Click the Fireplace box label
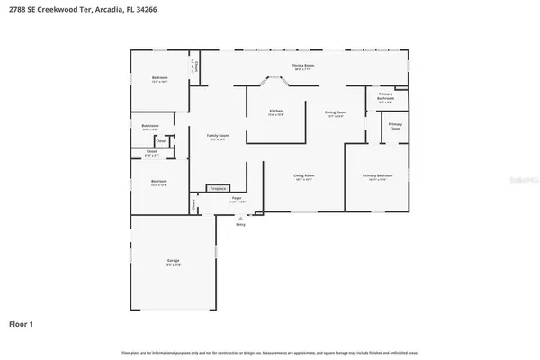tap(217, 189)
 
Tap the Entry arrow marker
tap(240, 217)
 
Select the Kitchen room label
tap(276, 111)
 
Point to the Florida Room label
tap(302, 66)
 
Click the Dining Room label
tap(336, 112)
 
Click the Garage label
tap(173, 262)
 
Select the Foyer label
tap(237, 197)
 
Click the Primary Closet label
tap(396, 126)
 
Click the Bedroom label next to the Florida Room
tap(160, 78)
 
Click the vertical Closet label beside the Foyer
tap(193, 205)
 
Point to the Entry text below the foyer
tap(240, 225)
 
